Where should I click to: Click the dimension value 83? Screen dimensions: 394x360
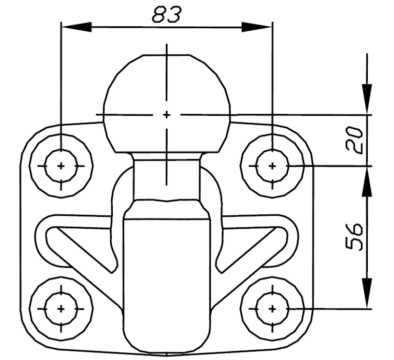coord(166,14)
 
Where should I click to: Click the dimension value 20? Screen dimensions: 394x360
coord(354,140)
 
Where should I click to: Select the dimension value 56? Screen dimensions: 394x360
coord(354,236)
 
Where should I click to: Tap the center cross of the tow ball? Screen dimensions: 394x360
coord(167,115)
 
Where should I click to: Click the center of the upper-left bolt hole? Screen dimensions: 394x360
coord(61,166)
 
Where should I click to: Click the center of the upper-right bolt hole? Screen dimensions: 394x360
coord(272,166)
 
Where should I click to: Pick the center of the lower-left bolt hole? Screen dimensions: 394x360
coord(61,309)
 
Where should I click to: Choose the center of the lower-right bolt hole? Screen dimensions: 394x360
coord(272,309)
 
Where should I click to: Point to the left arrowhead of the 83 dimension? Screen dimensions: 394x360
coord(76,27)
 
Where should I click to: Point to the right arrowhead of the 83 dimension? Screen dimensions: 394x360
coord(257,27)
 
